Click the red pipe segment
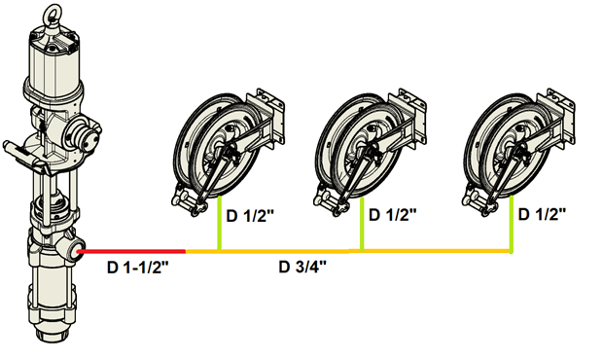tap(133, 252)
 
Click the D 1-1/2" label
tap(138, 268)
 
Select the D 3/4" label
tap(302, 267)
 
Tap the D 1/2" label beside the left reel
tap(250, 216)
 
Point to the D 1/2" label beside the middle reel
tap(393, 215)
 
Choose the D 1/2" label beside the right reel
tap(543, 214)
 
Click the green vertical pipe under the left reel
tap(219, 223)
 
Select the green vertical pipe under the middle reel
tap(362, 224)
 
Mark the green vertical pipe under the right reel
tap(512, 225)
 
